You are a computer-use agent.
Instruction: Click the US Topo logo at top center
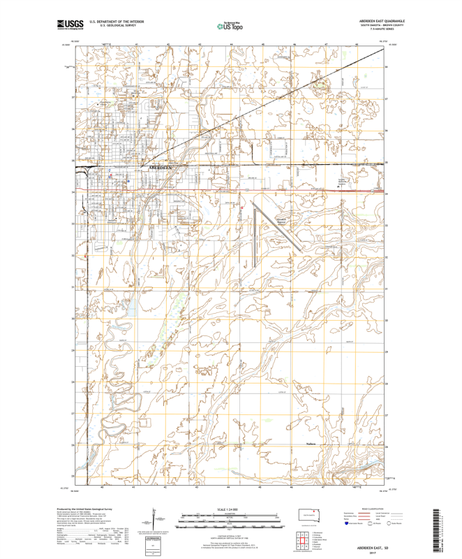click(230, 26)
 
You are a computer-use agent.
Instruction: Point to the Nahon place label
click(312, 442)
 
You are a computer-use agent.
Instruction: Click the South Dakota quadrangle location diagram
click(307, 518)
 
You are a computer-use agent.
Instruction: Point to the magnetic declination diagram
click(149, 523)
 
